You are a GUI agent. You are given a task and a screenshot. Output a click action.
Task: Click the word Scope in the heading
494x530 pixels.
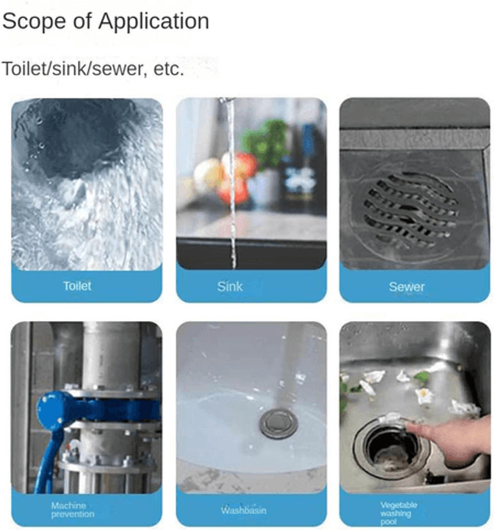point(35,22)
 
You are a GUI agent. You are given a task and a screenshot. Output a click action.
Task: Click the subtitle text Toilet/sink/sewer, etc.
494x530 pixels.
point(93,69)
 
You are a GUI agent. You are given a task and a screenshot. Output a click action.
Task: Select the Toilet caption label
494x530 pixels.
point(77,286)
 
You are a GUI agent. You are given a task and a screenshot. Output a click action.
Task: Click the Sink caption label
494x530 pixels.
point(230,286)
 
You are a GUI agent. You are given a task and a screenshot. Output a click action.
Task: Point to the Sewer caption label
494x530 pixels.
point(406,287)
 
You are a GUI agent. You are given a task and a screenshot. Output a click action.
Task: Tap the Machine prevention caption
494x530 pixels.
point(72,509)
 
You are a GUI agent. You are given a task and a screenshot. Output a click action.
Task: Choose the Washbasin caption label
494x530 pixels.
point(244,509)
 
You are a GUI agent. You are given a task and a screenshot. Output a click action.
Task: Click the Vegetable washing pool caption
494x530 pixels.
point(399,513)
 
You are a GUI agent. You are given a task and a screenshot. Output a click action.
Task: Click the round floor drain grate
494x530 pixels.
point(411,210)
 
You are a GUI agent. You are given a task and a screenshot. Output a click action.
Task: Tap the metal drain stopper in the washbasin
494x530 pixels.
point(279,424)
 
